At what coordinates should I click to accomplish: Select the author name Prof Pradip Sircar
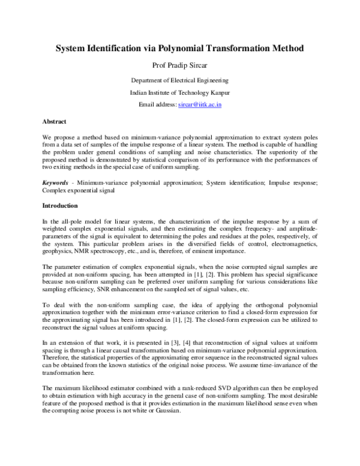pyautogui.click(x=179, y=65)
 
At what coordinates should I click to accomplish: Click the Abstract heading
pyautogui.click(x=55, y=121)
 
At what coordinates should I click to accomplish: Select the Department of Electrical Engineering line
pyautogui.click(x=179, y=80)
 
